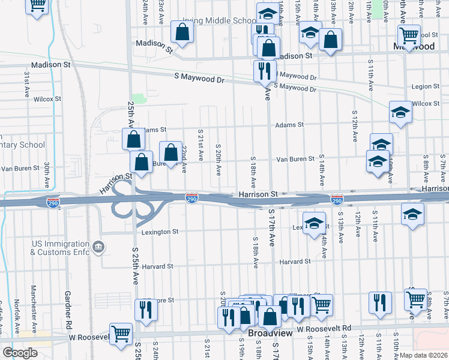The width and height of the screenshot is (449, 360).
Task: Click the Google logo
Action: (x=19, y=352)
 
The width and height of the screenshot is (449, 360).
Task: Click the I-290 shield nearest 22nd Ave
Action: (x=191, y=199)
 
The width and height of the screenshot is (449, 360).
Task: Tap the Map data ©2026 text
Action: (x=424, y=355)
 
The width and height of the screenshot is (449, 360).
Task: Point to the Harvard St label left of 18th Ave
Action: (x=158, y=266)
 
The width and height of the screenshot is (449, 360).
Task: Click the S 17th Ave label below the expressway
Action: (x=271, y=228)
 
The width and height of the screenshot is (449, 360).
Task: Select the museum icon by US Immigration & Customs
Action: (x=99, y=247)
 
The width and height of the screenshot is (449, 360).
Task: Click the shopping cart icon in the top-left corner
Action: (x=37, y=5)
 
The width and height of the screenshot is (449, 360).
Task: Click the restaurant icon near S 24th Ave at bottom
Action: (x=146, y=308)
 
